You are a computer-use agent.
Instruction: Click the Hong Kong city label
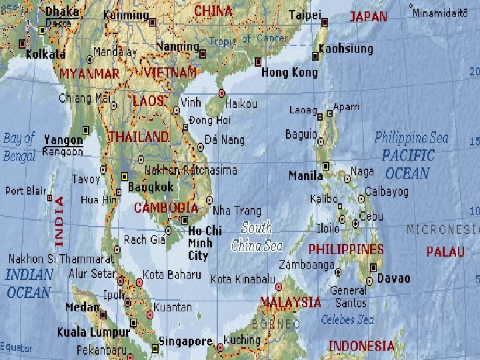click(289, 72)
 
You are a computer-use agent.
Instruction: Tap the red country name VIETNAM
click(170, 71)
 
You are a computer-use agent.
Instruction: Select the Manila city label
click(305, 176)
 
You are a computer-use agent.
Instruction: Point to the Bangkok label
click(151, 187)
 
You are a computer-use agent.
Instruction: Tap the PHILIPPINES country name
click(345, 249)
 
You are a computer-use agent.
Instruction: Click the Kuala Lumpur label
click(93, 331)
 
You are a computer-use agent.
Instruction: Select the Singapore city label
click(185, 341)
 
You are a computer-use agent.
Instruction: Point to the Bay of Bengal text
click(19, 147)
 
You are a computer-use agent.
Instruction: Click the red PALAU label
click(445, 252)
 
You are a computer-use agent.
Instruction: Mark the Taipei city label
click(305, 14)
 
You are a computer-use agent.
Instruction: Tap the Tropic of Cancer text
click(248, 40)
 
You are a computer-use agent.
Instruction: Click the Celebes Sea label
click(347, 320)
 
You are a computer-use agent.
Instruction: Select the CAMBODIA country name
click(165, 207)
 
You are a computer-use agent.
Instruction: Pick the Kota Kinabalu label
click(243, 278)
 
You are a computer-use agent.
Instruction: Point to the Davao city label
click(393, 278)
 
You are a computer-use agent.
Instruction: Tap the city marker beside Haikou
click(222, 93)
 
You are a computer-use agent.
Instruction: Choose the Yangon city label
click(63, 139)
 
